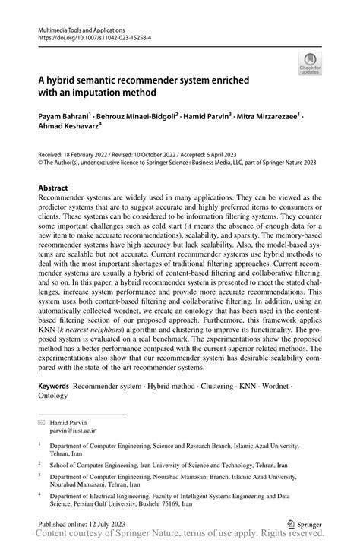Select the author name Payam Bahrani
(x=63, y=118)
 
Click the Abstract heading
(x=55, y=188)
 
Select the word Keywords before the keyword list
(x=58, y=387)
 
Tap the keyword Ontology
(x=53, y=396)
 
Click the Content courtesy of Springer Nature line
(x=179, y=536)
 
